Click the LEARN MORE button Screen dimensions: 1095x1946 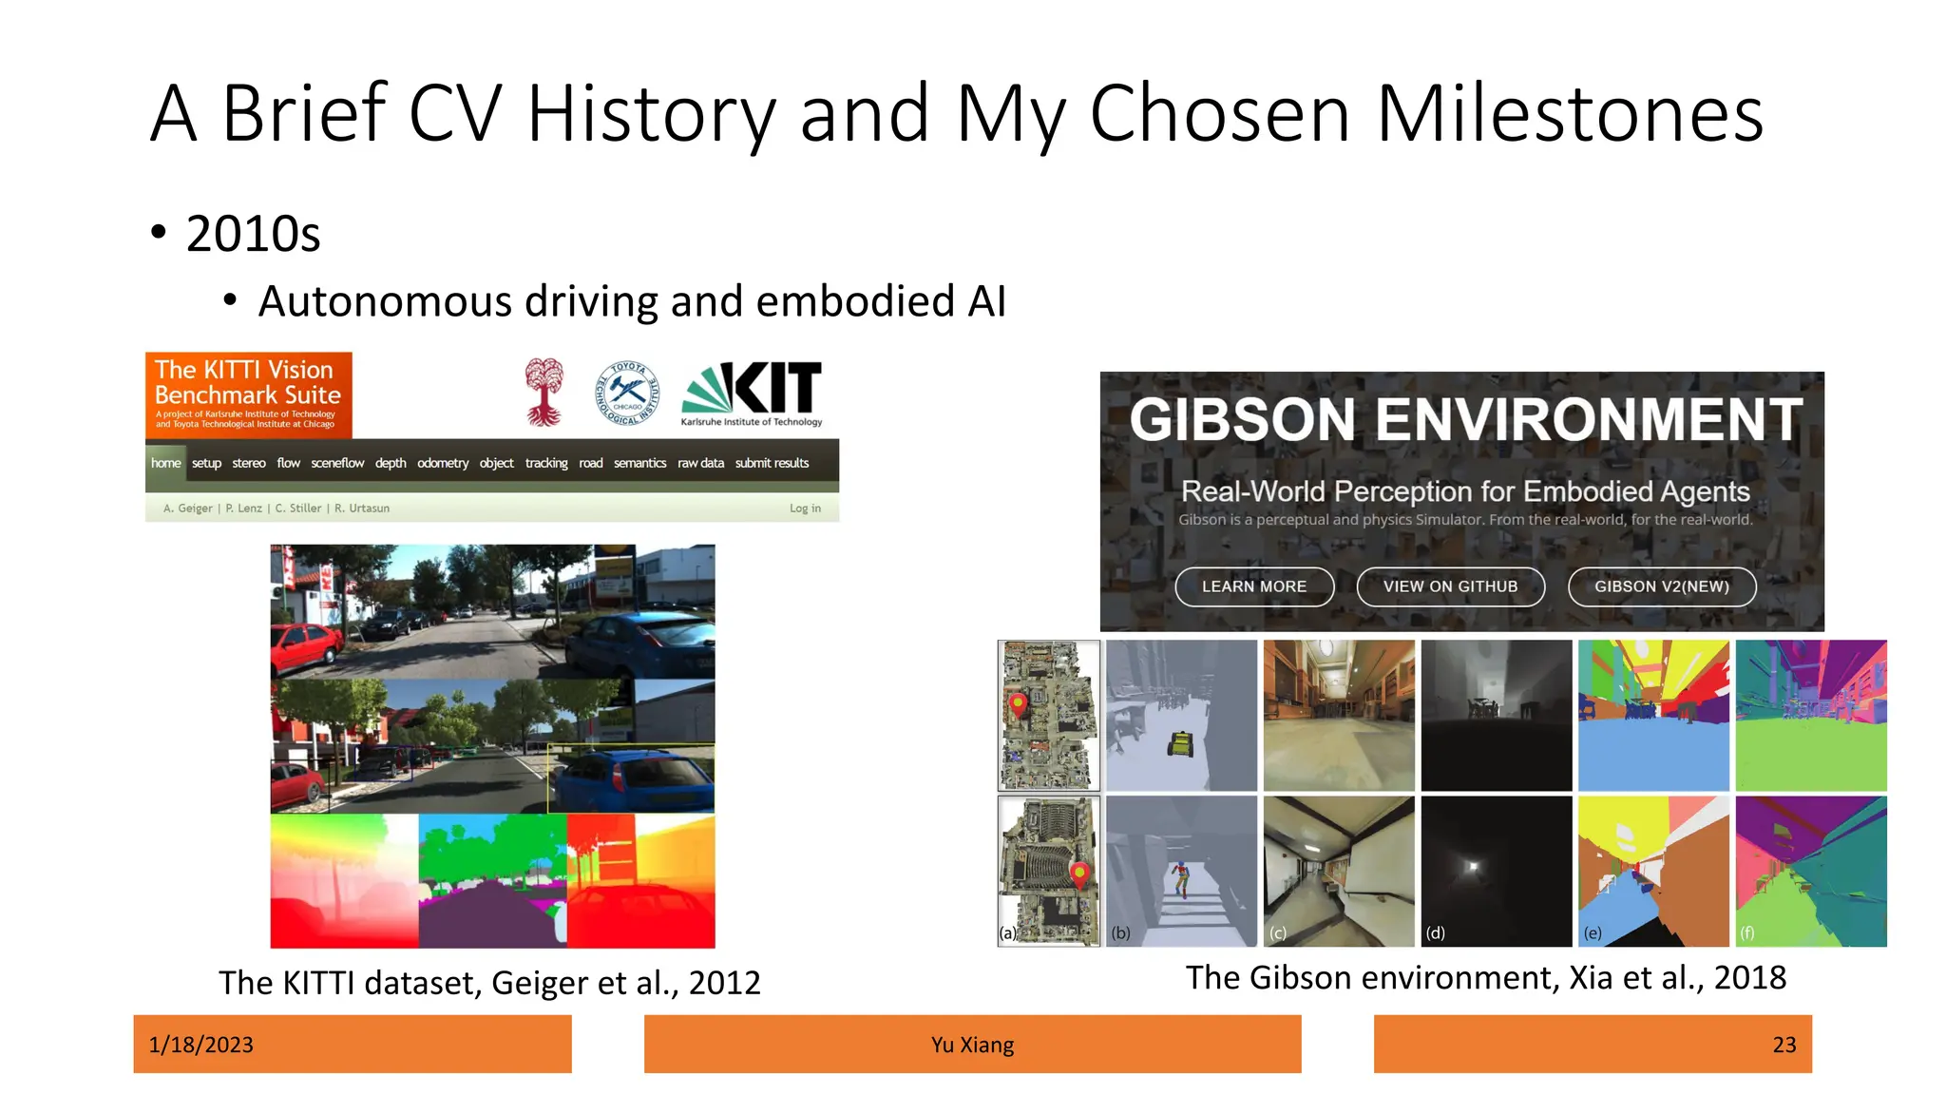coord(1254,586)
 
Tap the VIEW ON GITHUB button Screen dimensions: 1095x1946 coord(1450,586)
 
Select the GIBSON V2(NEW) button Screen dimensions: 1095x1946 coord(1661,586)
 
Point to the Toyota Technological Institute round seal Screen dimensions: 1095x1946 coord(627,393)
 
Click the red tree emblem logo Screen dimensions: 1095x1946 coord(544,392)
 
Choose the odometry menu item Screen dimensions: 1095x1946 coord(443,463)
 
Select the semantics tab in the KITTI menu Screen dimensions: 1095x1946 coord(639,463)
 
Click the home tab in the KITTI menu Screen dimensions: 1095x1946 coord(165,463)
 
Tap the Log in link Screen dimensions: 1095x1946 coord(805,509)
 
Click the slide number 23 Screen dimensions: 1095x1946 coord(1784,1045)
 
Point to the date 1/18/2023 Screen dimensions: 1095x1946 coord(201,1045)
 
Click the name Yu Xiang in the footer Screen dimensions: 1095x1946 coord(972,1045)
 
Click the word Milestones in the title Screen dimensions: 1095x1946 coord(1568,114)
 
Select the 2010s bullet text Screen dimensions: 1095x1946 coord(253,234)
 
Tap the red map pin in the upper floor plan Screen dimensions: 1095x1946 coord(1018,704)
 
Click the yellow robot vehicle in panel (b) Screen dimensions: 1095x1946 coord(1180,743)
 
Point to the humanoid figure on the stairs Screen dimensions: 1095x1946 coord(1180,876)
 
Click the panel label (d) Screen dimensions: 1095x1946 coord(1435,932)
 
